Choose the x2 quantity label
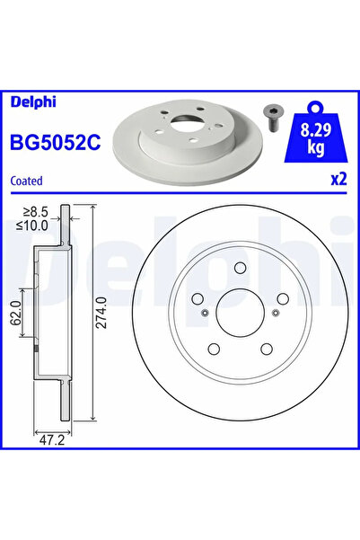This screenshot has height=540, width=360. click(338, 179)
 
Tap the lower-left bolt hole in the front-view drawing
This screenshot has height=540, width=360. click(213, 349)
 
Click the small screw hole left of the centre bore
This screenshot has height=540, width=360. click(205, 313)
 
